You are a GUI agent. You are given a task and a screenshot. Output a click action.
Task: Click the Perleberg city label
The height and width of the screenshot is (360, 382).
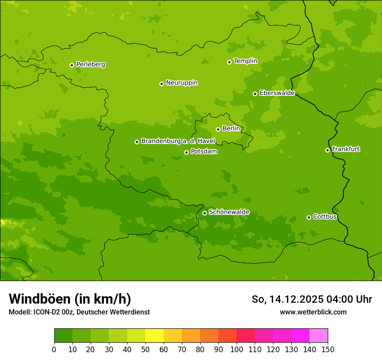click(x=90, y=65)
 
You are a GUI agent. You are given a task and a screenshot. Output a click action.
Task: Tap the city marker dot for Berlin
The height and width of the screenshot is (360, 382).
click(x=218, y=129)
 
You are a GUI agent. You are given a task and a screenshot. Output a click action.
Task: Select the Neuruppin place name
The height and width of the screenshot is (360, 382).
click(x=181, y=83)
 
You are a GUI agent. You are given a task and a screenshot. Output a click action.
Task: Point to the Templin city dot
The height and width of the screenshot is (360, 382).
click(x=229, y=62)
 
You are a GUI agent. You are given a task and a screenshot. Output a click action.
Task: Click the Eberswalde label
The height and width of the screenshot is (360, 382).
click(x=277, y=93)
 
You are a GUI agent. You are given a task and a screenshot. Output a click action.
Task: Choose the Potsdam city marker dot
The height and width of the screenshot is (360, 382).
click(x=186, y=152)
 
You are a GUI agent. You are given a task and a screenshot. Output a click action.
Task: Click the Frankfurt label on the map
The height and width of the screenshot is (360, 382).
click(x=346, y=149)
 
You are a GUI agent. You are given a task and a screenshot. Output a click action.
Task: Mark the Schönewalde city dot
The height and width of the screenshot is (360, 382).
click(x=204, y=213)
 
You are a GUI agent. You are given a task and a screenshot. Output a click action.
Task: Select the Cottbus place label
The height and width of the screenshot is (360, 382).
click(x=325, y=216)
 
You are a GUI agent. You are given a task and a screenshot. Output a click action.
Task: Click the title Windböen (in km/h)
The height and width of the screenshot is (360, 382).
click(x=70, y=299)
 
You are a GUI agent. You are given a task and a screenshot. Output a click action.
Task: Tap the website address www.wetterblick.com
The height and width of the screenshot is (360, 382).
click(x=313, y=312)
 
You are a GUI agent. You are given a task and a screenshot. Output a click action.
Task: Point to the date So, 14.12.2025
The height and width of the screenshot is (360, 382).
click(x=287, y=299)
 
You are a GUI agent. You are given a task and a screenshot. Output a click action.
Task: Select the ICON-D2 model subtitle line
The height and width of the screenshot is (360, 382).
click(x=79, y=312)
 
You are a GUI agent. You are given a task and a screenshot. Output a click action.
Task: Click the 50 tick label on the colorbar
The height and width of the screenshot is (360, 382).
click(x=145, y=349)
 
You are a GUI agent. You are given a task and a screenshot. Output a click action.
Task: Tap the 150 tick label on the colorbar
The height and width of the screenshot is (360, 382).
click(x=328, y=349)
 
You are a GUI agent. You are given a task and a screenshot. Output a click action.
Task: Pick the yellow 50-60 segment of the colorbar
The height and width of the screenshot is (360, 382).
click(x=155, y=336)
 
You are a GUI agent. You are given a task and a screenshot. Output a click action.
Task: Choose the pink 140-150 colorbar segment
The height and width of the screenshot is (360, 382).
click(x=319, y=336)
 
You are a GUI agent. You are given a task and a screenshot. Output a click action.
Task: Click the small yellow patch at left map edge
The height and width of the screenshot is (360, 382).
click(x=3, y=223)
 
